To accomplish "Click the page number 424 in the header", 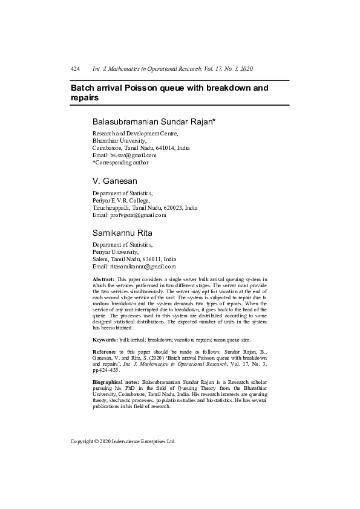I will click(76, 70).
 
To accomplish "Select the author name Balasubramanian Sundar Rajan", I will click(154, 122).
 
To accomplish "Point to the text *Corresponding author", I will click(120, 163).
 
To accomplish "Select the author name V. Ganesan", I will click(115, 181).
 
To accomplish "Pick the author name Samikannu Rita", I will click(122, 232).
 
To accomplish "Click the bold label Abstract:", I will click(103, 279).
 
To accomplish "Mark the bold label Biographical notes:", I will click(116, 383).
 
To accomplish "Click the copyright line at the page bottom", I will click(123, 441).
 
